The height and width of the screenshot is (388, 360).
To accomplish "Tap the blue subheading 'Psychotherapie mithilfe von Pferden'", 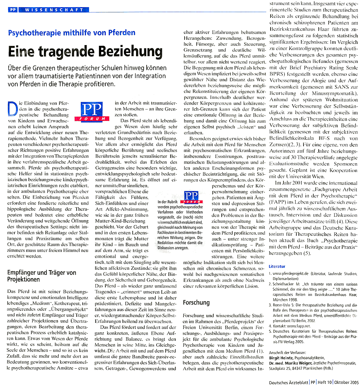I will (72, 33).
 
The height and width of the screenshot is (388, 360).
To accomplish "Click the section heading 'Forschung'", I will (196, 302).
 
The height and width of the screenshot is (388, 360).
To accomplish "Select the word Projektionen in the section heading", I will (23, 279).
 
